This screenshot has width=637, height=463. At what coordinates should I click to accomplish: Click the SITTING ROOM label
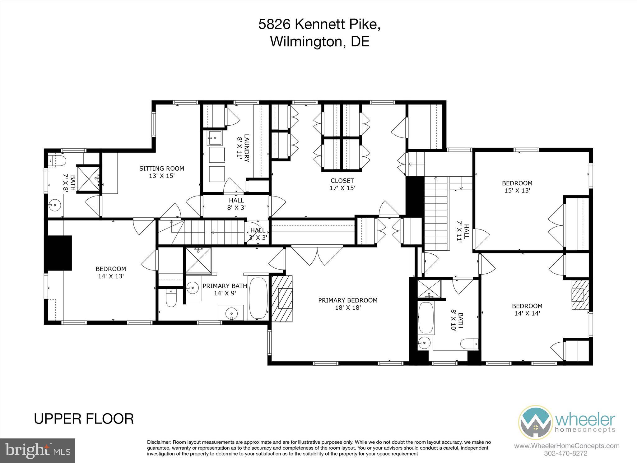[161, 169]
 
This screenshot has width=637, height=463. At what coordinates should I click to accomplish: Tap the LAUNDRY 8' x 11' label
[243, 148]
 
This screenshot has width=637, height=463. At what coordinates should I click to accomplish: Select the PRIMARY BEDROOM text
[347, 300]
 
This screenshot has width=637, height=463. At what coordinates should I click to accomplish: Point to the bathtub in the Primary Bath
[258, 298]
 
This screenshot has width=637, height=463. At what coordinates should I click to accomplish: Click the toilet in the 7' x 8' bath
[58, 161]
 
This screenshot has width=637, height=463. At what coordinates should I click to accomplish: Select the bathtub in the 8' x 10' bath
[425, 318]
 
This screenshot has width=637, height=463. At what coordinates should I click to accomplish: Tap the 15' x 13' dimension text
[517, 191]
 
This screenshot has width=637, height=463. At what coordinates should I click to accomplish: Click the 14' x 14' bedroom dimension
[527, 313]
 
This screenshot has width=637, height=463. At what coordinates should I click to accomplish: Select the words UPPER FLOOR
[84, 419]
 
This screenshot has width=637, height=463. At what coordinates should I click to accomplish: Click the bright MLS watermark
[38, 450]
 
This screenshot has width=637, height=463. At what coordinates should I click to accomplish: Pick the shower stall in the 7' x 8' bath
[88, 179]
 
